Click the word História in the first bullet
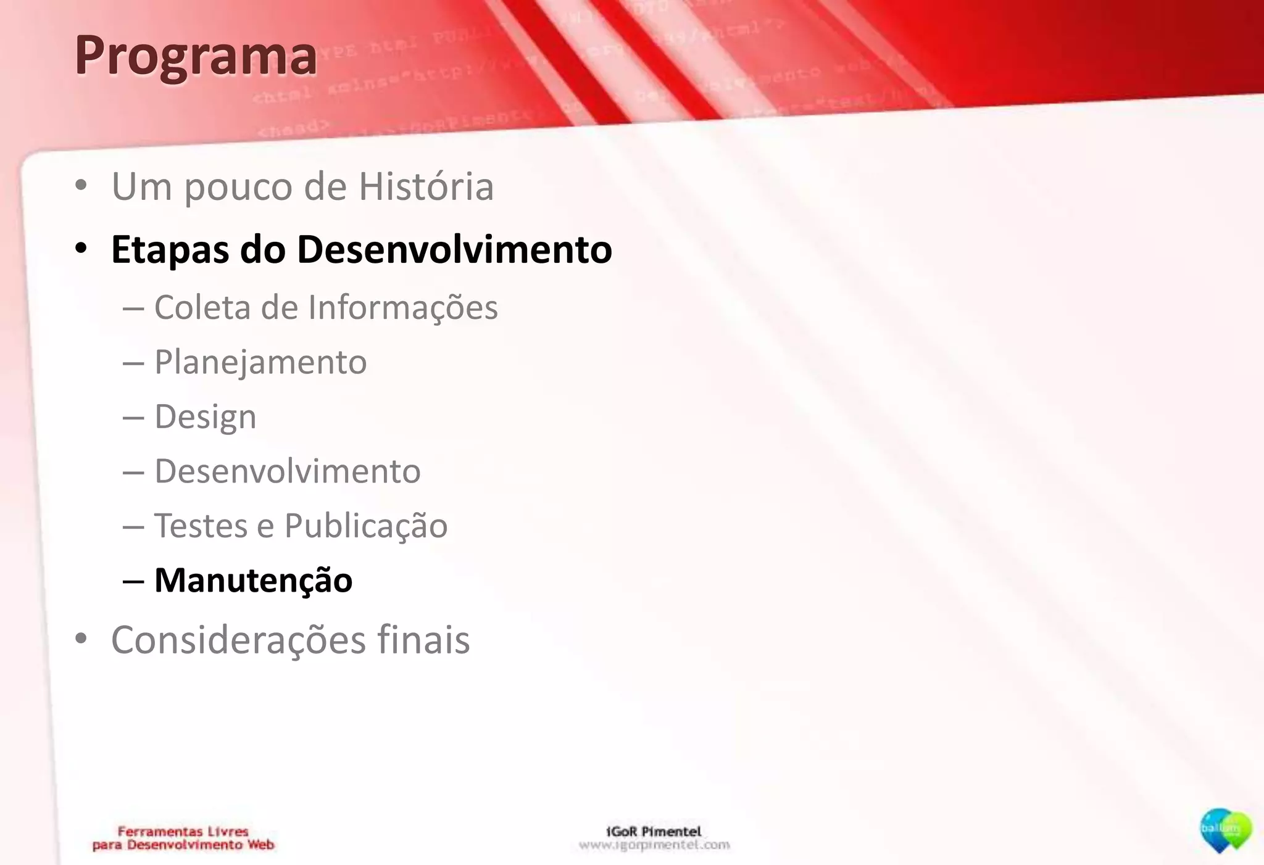426,186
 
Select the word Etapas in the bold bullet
170,250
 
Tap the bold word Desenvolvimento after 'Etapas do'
454,249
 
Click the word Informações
402,307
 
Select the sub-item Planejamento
260,362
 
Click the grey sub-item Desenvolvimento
288,471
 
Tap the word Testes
201,526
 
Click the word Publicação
365,526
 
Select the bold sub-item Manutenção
253,581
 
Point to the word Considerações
238,640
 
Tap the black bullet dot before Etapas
81,249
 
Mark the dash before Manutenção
133,581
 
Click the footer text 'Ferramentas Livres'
183,832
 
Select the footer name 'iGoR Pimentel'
654,832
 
